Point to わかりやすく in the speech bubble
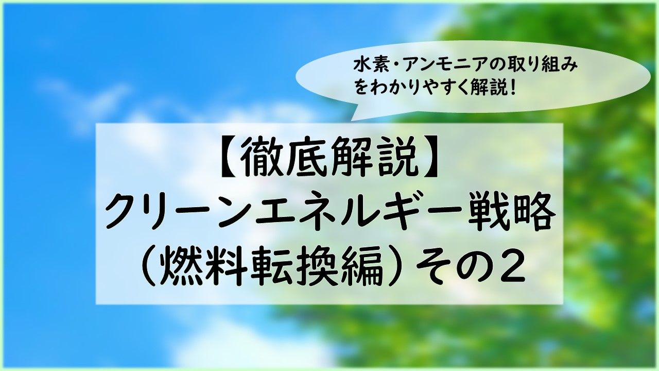coord(429,88)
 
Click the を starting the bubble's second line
coord(362,88)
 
